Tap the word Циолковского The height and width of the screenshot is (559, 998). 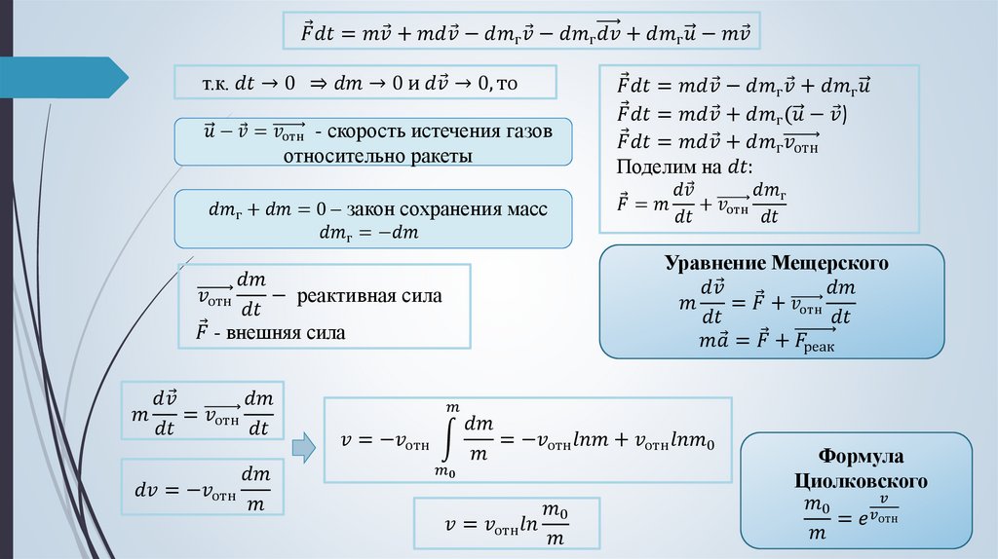tap(858, 481)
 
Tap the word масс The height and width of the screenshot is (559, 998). tap(527, 209)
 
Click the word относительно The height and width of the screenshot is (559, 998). tap(341, 156)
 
